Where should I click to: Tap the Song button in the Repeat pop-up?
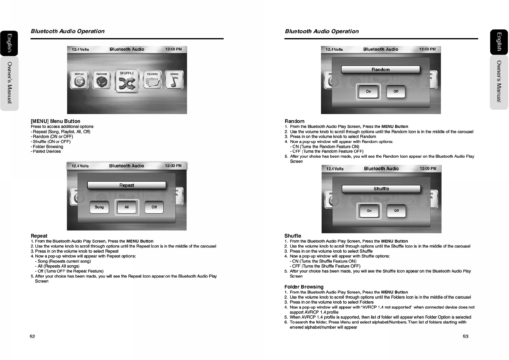pos(99,207)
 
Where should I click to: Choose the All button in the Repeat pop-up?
pos(127,207)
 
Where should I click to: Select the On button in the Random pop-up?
pos(368,91)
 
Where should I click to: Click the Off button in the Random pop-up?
pos(396,91)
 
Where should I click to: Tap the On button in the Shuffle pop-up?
pos(369,211)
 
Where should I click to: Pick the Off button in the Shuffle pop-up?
pos(396,211)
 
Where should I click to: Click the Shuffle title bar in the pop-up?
pos(381,189)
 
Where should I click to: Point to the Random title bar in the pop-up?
pos(381,70)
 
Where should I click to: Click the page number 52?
pos(32,336)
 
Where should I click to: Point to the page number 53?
pos(465,336)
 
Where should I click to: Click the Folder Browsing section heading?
pos(304,287)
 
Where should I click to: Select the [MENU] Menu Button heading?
pos(55,121)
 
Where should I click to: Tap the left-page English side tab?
pos(9,43)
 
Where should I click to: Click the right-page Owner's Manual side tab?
pos(499,81)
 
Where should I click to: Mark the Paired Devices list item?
pos(47,152)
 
